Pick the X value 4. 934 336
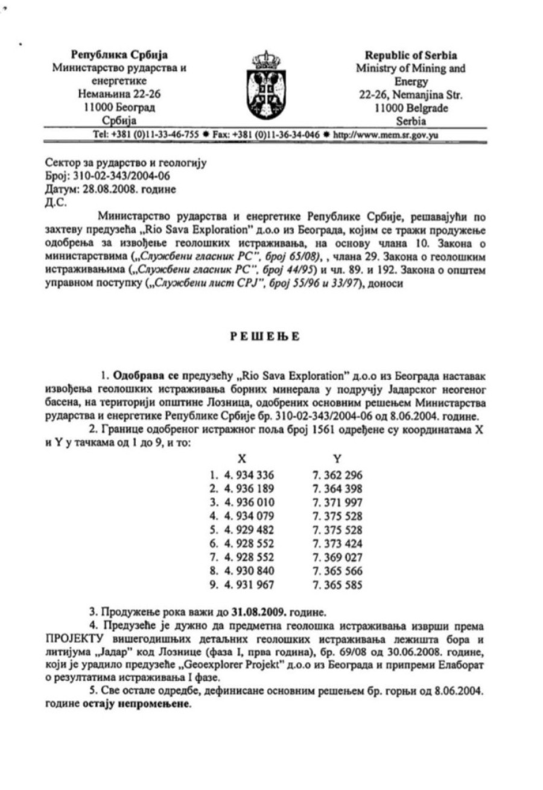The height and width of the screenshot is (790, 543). coord(241,475)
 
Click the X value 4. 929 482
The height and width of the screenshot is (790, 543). coord(241,529)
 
